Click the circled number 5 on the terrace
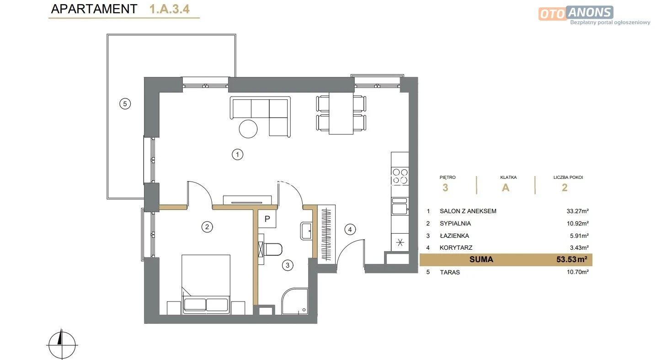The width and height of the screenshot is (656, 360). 125,104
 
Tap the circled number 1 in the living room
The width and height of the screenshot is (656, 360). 238,155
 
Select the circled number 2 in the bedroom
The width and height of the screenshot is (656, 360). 207,226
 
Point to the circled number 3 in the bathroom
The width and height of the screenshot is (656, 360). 288,265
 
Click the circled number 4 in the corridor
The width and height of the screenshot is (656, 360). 350,230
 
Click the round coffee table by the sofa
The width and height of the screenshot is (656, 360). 248,129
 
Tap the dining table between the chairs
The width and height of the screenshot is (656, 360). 341,113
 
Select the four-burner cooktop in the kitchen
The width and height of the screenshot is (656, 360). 400,176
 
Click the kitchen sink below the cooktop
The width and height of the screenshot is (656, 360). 400,206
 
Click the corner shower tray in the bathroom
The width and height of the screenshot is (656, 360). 295,301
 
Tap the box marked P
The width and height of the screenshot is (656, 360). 267,219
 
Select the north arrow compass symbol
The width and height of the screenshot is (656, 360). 62,345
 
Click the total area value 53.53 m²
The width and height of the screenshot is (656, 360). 571,259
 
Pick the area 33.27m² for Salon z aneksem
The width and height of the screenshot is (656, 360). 577,211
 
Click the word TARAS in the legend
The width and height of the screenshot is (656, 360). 450,272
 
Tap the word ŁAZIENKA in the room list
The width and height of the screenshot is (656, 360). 454,236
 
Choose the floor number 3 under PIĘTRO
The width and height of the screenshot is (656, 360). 445,188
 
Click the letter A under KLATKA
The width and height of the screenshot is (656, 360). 506,188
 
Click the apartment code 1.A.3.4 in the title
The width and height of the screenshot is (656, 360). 169,9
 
